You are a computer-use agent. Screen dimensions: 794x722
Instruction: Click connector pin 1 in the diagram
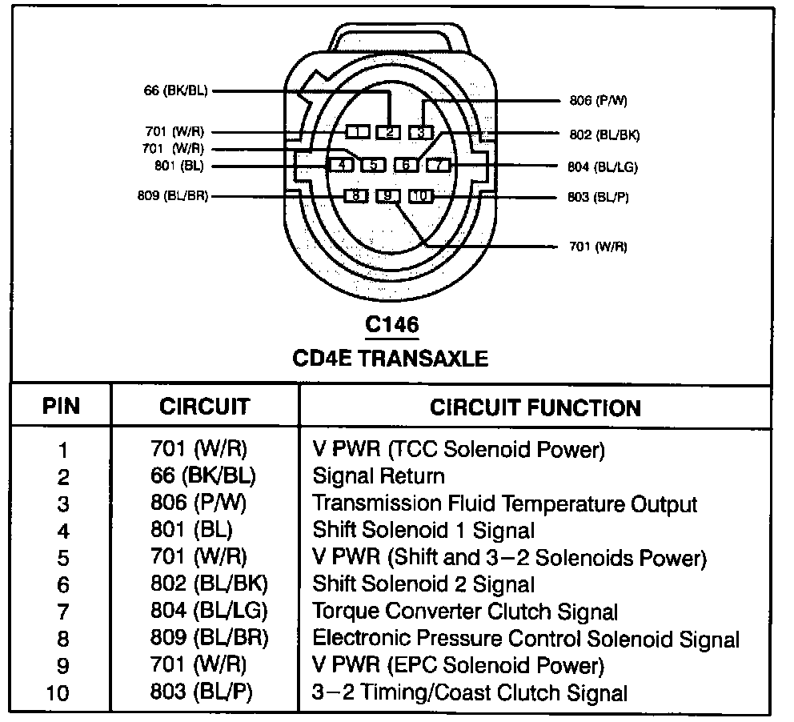tap(358, 131)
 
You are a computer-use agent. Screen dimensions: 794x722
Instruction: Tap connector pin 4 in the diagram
tap(342, 165)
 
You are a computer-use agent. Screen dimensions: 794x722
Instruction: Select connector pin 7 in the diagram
tap(439, 165)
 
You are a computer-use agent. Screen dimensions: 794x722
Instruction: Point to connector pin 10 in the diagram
tap(420, 195)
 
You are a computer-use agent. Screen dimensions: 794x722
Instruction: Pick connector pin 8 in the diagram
tap(356, 195)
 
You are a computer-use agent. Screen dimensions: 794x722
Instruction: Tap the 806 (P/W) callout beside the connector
tap(598, 101)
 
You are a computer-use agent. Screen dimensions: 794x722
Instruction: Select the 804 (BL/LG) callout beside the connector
tap(602, 166)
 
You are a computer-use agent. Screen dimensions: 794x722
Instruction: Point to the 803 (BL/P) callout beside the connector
tap(598, 197)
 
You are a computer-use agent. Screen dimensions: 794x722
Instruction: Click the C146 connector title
tap(391, 325)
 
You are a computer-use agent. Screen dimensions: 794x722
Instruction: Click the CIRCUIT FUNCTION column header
tap(535, 407)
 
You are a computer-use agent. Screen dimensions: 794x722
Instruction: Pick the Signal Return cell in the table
tap(378, 476)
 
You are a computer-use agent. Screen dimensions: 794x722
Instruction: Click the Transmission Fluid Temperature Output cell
tap(504, 503)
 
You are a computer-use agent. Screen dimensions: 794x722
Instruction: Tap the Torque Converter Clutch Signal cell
tap(465, 612)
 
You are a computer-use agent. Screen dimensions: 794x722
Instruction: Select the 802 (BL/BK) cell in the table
tap(209, 584)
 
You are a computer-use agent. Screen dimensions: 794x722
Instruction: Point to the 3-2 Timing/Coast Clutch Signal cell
tap(470, 692)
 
